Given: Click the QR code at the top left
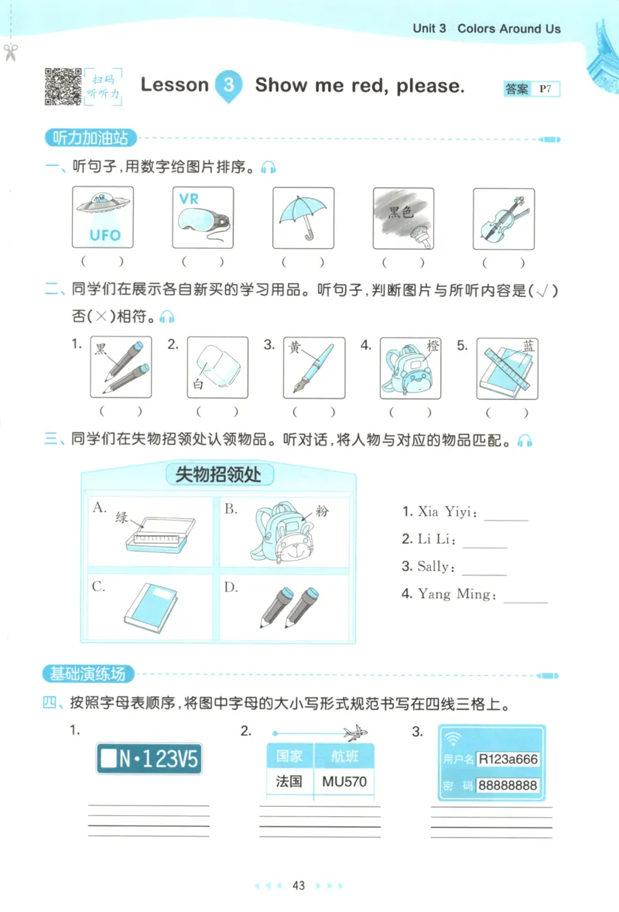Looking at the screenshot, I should click(x=63, y=87).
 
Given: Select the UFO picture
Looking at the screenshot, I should click(x=102, y=217).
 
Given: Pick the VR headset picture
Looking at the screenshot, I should click(x=202, y=217).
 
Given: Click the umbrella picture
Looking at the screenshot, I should click(x=303, y=217).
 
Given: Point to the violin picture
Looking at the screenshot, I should click(x=504, y=217).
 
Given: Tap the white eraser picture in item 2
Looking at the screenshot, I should click(x=217, y=367).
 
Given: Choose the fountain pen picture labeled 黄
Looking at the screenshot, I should click(x=314, y=367).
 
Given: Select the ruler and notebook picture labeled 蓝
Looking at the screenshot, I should click(x=507, y=367).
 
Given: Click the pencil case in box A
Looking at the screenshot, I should click(x=159, y=534).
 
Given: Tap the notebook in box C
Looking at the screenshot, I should click(x=150, y=607).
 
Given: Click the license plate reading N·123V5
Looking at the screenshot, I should click(x=149, y=758).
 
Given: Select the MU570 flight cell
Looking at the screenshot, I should click(x=344, y=781).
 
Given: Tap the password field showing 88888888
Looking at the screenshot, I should click(x=508, y=785).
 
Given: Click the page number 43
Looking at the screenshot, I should click(x=299, y=886).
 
